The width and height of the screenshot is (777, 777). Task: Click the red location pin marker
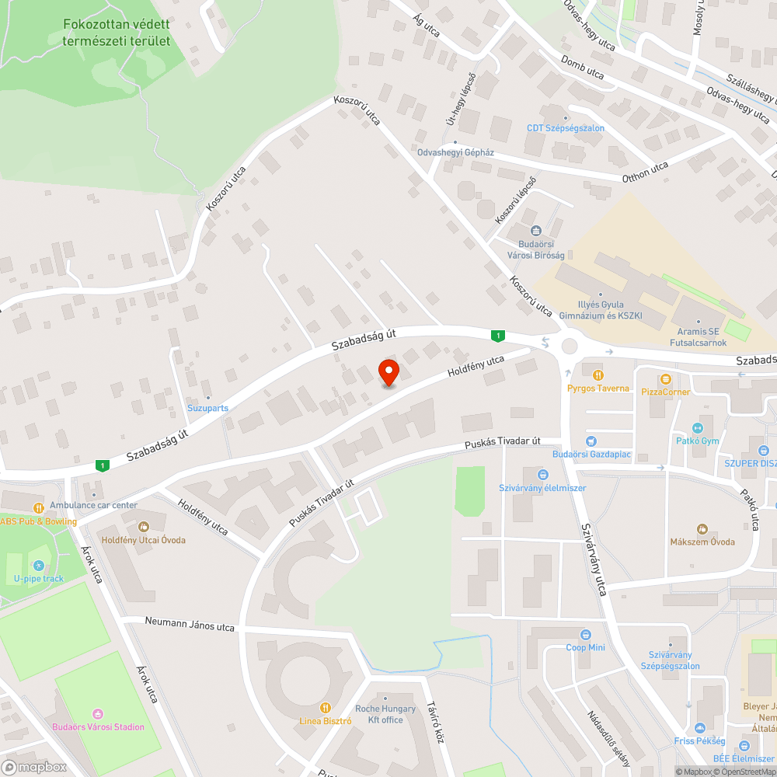click(388, 372)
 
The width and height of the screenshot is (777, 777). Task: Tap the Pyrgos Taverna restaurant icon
click(598, 374)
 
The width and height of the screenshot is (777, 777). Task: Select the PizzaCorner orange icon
click(665, 378)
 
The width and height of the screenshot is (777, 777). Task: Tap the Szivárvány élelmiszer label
click(542, 488)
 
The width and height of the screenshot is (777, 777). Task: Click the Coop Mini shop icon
click(585, 634)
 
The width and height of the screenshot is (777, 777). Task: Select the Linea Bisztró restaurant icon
click(326, 707)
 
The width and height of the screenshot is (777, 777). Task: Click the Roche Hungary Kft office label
click(385, 714)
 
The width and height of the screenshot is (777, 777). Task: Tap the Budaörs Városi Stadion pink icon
click(97, 713)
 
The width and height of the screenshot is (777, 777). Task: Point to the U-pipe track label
click(40, 578)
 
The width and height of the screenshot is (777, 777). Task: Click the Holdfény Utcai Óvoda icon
click(143, 527)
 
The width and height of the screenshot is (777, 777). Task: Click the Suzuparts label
click(207, 407)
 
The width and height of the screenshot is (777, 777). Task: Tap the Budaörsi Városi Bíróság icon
click(536, 231)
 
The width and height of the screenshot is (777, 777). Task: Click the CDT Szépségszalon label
click(566, 128)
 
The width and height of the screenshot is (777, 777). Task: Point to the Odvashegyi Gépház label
click(455, 152)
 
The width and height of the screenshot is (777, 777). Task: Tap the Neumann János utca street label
click(190, 624)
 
